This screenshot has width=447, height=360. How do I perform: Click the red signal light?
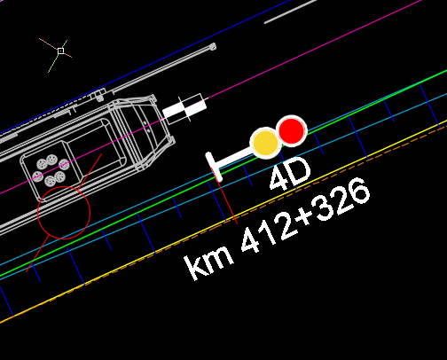coord(292,130)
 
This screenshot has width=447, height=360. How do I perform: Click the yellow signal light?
coord(265,143)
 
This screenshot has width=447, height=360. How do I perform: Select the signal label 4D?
coord(290,174)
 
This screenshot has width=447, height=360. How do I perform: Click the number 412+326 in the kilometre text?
coord(305,215)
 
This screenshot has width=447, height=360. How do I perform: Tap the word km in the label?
coord(209,263)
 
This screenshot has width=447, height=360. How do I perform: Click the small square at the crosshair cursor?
coord(60,51)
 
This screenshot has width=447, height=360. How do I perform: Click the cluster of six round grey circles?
coord(51,171)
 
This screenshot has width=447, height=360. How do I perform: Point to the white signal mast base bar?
coord(214,167)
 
